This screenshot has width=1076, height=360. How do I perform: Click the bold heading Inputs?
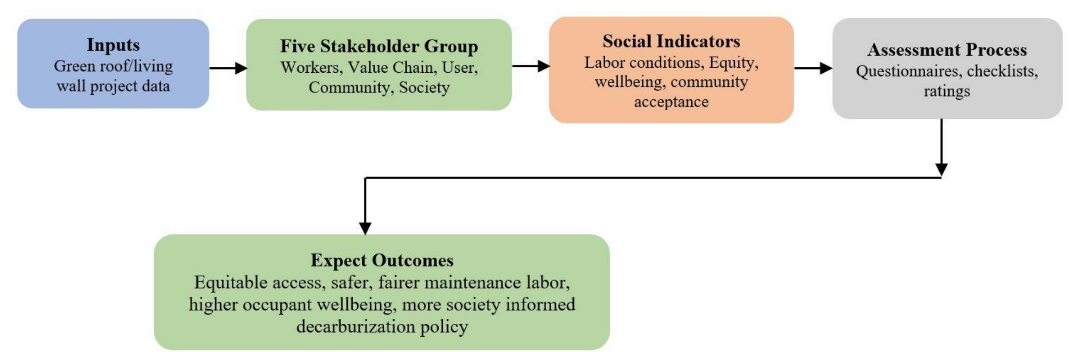pyautogui.click(x=113, y=45)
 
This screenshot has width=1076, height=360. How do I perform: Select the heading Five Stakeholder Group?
pyautogui.click(x=379, y=46)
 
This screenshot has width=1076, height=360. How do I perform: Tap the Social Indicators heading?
pyautogui.click(x=671, y=41)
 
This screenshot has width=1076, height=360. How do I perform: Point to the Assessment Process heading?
pyautogui.click(x=947, y=49)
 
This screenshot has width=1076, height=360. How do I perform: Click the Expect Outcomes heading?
pyautogui.click(x=382, y=260)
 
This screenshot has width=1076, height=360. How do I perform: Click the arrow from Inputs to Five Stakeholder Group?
pyautogui.click(x=228, y=68)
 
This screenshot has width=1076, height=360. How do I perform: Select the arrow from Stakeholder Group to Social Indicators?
pyautogui.click(x=531, y=66)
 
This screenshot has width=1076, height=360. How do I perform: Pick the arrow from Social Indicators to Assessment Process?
pyautogui.click(x=813, y=68)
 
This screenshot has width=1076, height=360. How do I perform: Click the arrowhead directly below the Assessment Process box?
pyautogui.click(x=941, y=170)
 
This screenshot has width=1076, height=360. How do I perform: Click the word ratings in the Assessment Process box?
pyautogui.click(x=947, y=91)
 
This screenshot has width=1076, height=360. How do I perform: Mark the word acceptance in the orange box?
pyautogui.click(x=671, y=102)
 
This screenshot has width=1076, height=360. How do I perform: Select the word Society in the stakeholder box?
pyautogui.click(x=424, y=87)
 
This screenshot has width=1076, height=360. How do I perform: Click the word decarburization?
pyautogui.click(x=355, y=327)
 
